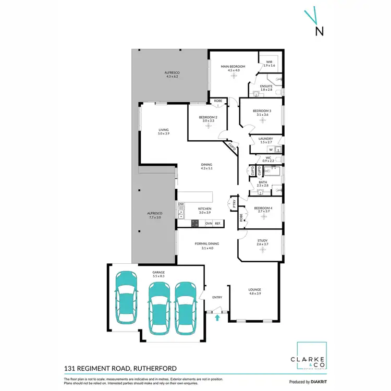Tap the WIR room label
coord(269,64)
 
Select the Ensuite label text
coord(266,87)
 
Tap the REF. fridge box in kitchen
coord(217,223)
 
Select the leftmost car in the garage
coord(126,299)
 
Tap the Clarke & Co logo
coord(311,357)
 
